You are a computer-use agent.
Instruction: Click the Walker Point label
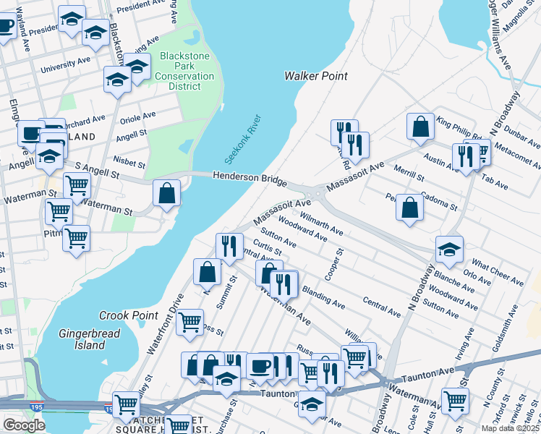pyautogui.click(x=315, y=76)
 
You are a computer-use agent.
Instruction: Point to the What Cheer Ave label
pyautogui.click(x=497, y=271)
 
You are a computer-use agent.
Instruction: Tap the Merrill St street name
pyautogui.click(x=409, y=173)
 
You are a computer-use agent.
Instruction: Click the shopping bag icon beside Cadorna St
pyautogui.click(x=410, y=207)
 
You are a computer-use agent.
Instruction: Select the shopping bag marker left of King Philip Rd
pyautogui.click(x=420, y=127)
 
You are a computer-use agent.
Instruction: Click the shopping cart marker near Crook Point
pyautogui.click(x=189, y=321)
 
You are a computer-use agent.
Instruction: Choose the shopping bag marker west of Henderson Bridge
pyautogui.click(x=167, y=193)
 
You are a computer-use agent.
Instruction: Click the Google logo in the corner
pyautogui.click(x=24, y=425)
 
